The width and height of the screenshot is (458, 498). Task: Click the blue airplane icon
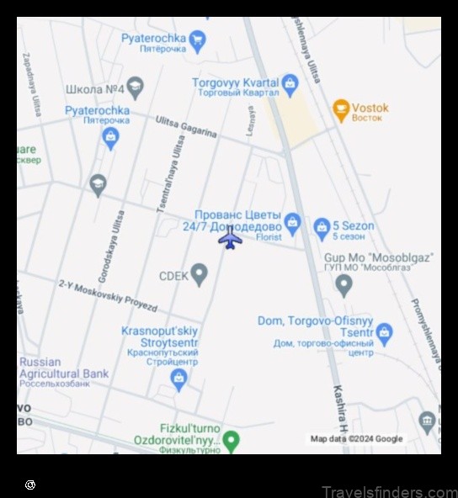point(230,238)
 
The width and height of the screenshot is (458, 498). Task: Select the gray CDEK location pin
point(199,274)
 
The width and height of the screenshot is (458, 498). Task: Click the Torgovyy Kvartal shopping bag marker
point(290,83)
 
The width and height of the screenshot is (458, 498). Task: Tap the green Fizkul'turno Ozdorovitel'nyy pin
point(231,440)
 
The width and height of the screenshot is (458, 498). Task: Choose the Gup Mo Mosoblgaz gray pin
point(343,285)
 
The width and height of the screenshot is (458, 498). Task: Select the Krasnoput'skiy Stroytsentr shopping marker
point(178,380)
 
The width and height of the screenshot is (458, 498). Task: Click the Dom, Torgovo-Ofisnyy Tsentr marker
point(385,333)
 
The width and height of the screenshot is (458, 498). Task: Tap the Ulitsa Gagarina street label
point(186,127)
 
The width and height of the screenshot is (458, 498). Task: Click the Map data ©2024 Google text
point(356,439)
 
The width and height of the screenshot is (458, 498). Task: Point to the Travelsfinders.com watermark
point(389,491)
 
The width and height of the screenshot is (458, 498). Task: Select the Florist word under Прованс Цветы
point(270,238)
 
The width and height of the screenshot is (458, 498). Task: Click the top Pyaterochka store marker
point(198,40)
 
